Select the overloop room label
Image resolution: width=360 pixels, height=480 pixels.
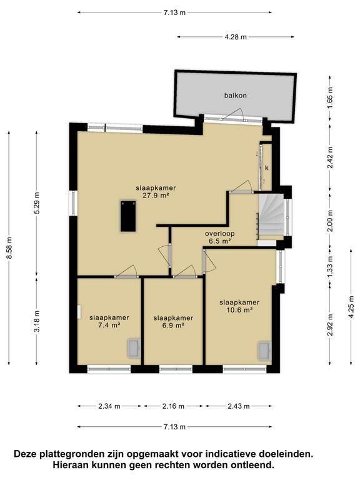point(219,233)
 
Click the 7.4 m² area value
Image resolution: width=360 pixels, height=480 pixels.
point(109,326)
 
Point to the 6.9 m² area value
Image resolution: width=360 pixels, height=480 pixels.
point(173,326)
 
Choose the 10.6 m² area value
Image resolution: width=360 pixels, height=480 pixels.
point(239,310)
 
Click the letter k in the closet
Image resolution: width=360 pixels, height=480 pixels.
point(266,168)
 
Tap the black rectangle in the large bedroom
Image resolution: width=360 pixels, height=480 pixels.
point(129,216)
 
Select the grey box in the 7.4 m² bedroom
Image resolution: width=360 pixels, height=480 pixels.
point(134,348)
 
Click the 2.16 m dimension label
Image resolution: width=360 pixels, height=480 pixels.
point(173,406)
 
